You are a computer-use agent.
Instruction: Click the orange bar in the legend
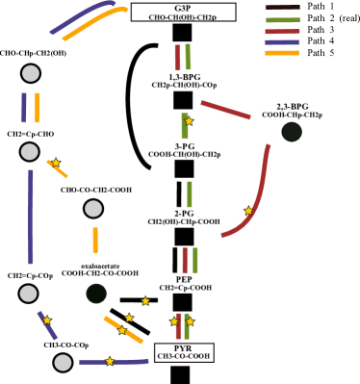(x=282, y=53)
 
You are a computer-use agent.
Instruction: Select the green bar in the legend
(x=282, y=20)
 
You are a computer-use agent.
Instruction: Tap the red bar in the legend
(x=282, y=32)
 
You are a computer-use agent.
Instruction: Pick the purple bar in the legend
(x=282, y=42)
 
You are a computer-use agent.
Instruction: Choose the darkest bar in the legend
(x=282, y=8)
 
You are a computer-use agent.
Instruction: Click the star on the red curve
(x=248, y=211)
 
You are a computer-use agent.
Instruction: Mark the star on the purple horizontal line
(x=110, y=361)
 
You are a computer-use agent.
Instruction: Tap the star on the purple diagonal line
(x=47, y=320)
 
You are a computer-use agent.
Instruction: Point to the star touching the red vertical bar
(x=174, y=321)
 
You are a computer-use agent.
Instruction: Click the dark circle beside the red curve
(x=292, y=132)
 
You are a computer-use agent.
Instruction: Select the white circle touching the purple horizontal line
(x=63, y=363)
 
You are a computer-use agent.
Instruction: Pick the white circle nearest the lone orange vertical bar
(x=93, y=209)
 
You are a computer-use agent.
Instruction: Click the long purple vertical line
(x=31, y=217)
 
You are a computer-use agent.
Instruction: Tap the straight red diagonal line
(x=225, y=110)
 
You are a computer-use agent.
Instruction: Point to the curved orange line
(x=91, y=23)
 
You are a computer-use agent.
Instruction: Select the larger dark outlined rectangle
(x=183, y=12)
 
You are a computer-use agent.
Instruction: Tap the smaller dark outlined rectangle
(x=184, y=352)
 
